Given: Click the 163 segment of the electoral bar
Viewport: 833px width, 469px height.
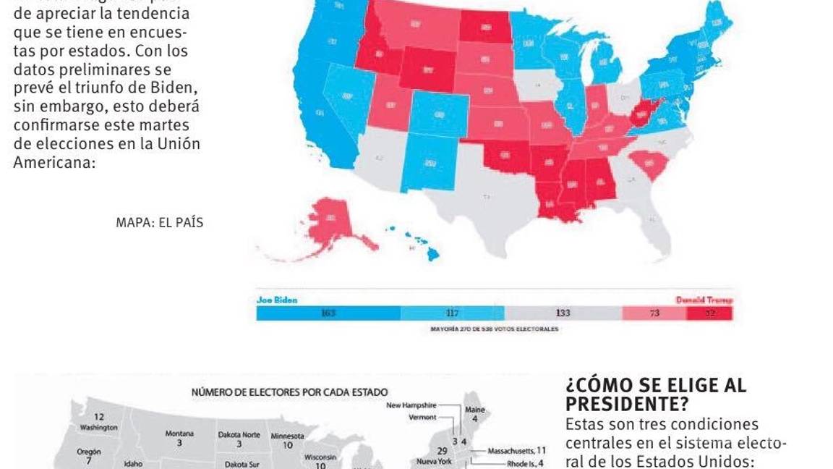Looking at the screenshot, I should [x=328, y=313].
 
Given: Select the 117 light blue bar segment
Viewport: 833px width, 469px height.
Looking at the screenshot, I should [x=452, y=313].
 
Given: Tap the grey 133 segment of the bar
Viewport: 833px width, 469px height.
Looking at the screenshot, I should [x=563, y=313].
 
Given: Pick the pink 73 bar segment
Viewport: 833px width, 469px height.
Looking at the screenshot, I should [x=654, y=313].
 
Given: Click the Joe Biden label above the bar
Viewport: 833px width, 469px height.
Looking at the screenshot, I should [x=277, y=300].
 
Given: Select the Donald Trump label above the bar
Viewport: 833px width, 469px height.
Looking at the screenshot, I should [x=704, y=300].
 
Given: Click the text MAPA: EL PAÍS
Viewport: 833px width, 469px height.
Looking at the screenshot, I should [x=159, y=223].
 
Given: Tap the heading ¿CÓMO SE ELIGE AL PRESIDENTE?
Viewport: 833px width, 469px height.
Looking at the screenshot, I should [x=656, y=394].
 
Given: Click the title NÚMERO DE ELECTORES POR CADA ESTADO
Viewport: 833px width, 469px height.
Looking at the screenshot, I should [x=289, y=392].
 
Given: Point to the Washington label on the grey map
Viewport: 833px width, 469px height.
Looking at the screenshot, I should [x=99, y=427].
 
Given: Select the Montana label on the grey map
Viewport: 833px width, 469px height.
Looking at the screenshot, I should [x=179, y=434].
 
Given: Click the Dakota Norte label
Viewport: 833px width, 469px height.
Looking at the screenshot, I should [x=239, y=435].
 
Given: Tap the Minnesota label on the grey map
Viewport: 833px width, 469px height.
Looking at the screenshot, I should [x=287, y=436].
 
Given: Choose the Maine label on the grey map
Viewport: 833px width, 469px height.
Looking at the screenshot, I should [x=475, y=410].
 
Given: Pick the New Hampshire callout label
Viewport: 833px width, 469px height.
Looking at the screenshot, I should [x=411, y=405].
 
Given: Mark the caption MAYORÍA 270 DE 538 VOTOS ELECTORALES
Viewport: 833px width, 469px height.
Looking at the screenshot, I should [x=494, y=329].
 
